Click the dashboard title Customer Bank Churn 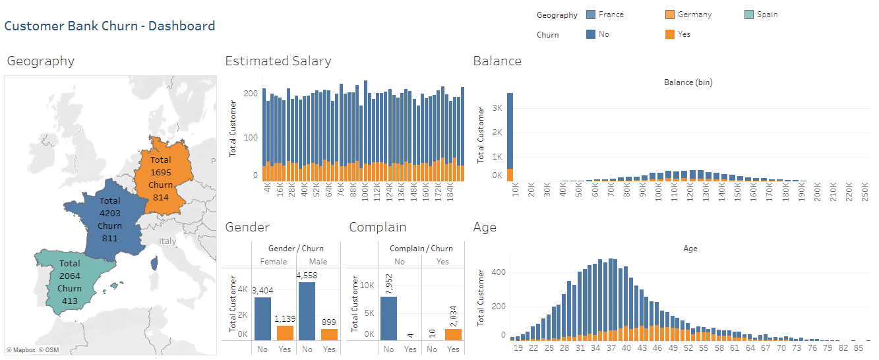pos(109,26)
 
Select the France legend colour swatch pos(591,15)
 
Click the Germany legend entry pos(694,15)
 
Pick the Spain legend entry pos(767,15)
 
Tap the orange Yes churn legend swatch pos(670,34)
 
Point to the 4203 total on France pos(109,213)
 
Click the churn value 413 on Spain pos(69,301)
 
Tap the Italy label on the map pos(167,241)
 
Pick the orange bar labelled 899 pos(329,334)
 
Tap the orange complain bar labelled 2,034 pos(454,334)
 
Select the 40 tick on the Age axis pos(626,347)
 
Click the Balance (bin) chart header pos(687,82)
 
